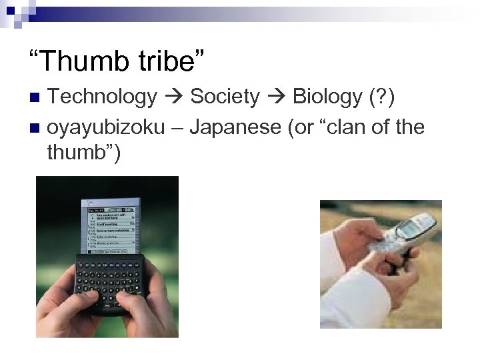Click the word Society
coord(225,98)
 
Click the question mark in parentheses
coord(385,98)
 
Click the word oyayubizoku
coord(106,127)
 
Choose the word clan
coord(350,127)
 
